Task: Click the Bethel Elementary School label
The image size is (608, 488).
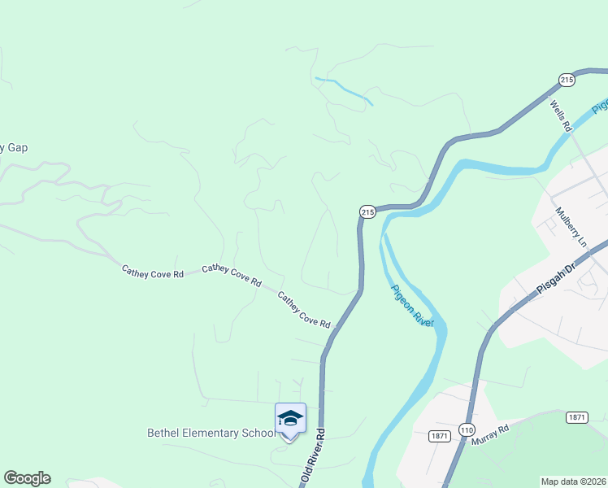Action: pyautogui.click(x=211, y=434)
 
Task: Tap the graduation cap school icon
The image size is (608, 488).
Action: pyautogui.click(x=290, y=419)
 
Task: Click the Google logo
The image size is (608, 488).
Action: pyautogui.click(x=27, y=478)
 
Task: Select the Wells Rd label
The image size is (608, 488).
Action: pyautogui.click(x=561, y=115)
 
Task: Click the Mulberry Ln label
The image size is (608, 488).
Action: pyautogui.click(x=570, y=227)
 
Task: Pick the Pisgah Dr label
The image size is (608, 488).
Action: pyautogui.click(x=555, y=272)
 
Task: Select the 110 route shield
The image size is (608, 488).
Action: pyautogui.click(x=467, y=429)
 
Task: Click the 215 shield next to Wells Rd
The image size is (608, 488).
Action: pyautogui.click(x=567, y=79)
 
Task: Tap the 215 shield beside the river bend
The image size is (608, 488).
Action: pyautogui.click(x=367, y=211)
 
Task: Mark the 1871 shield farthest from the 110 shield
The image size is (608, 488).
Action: pyautogui.click(x=576, y=417)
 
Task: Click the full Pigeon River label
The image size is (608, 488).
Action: pyautogui.click(x=412, y=307)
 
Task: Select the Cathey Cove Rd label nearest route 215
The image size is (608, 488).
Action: pyautogui.click(x=304, y=311)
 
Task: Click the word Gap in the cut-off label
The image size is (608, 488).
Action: pyautogui.click(x=17, y=148)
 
